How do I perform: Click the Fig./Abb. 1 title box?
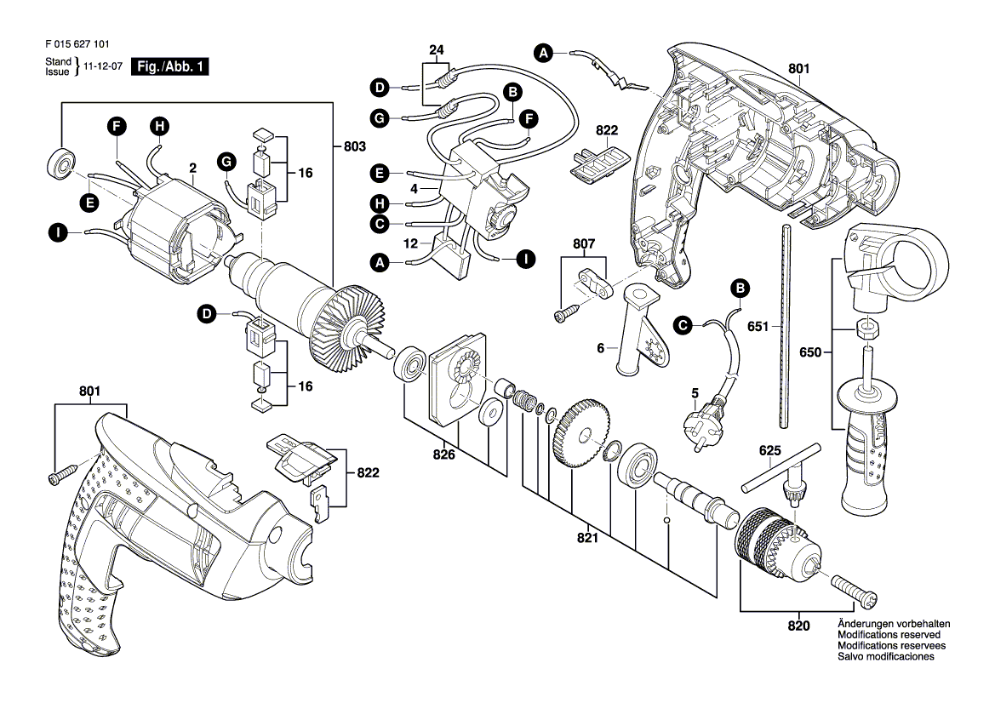(x=169, y=66)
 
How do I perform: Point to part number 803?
(x=355, y=146)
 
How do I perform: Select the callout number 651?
(x=758, y=326)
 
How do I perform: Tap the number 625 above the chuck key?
(x=769, y=450)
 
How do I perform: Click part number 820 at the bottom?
(x=798, y=626)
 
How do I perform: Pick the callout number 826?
(x=443, y=454)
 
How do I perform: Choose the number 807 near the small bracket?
(x=584, y=243)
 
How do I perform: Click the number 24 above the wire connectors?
(x=437, y=50)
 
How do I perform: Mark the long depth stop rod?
(x=784, y=326)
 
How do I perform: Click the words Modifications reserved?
(x=889, y=634)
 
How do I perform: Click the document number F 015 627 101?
(x=77, y=44)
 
